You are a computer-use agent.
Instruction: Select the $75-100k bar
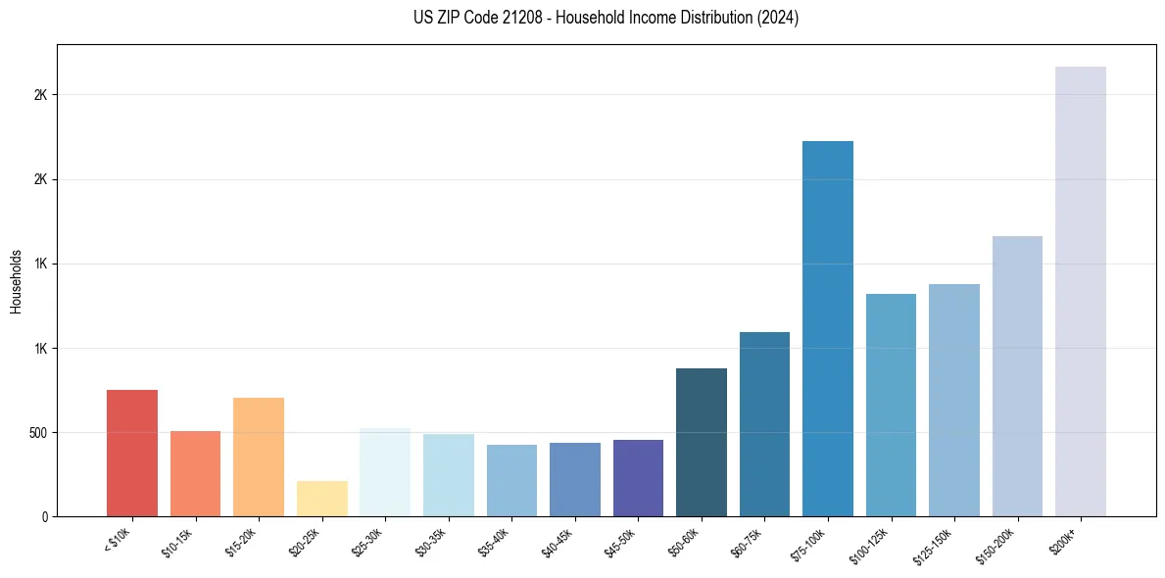pos(827,328)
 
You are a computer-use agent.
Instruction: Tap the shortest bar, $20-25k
pos(321,499)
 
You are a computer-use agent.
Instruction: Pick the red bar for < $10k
pos(131,453)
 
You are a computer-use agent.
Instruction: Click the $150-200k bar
pos(1017,376)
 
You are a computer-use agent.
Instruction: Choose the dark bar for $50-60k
pos(701,442)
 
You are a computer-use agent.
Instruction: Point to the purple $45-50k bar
pos(638,478)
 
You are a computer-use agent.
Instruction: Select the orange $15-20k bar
pos(258,457)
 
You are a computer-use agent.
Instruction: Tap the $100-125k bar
pos(891,405)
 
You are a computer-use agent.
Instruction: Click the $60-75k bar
pos(764,424)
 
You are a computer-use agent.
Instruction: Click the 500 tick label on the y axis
pos(37,433)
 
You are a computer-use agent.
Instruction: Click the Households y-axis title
pos(16,281)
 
